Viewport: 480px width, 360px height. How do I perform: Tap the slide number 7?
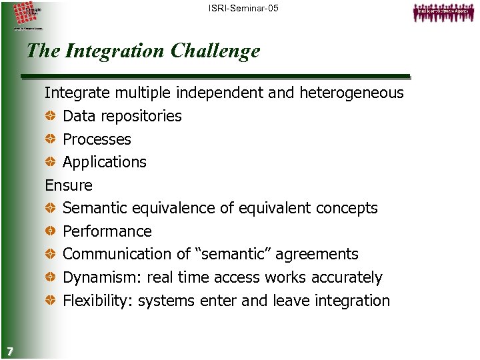(8, 351)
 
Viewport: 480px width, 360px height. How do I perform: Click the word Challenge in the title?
(215, 51)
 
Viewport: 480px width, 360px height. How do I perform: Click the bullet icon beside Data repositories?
(51, 116)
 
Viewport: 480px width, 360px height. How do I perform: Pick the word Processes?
(97, 139)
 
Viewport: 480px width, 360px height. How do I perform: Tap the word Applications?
(105, 162)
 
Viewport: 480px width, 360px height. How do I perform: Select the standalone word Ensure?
(69, 185)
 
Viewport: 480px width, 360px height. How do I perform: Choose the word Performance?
(107, 231)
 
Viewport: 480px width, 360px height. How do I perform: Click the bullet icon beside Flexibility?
(51, 301)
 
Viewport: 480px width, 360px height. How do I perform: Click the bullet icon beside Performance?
(51, 231)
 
